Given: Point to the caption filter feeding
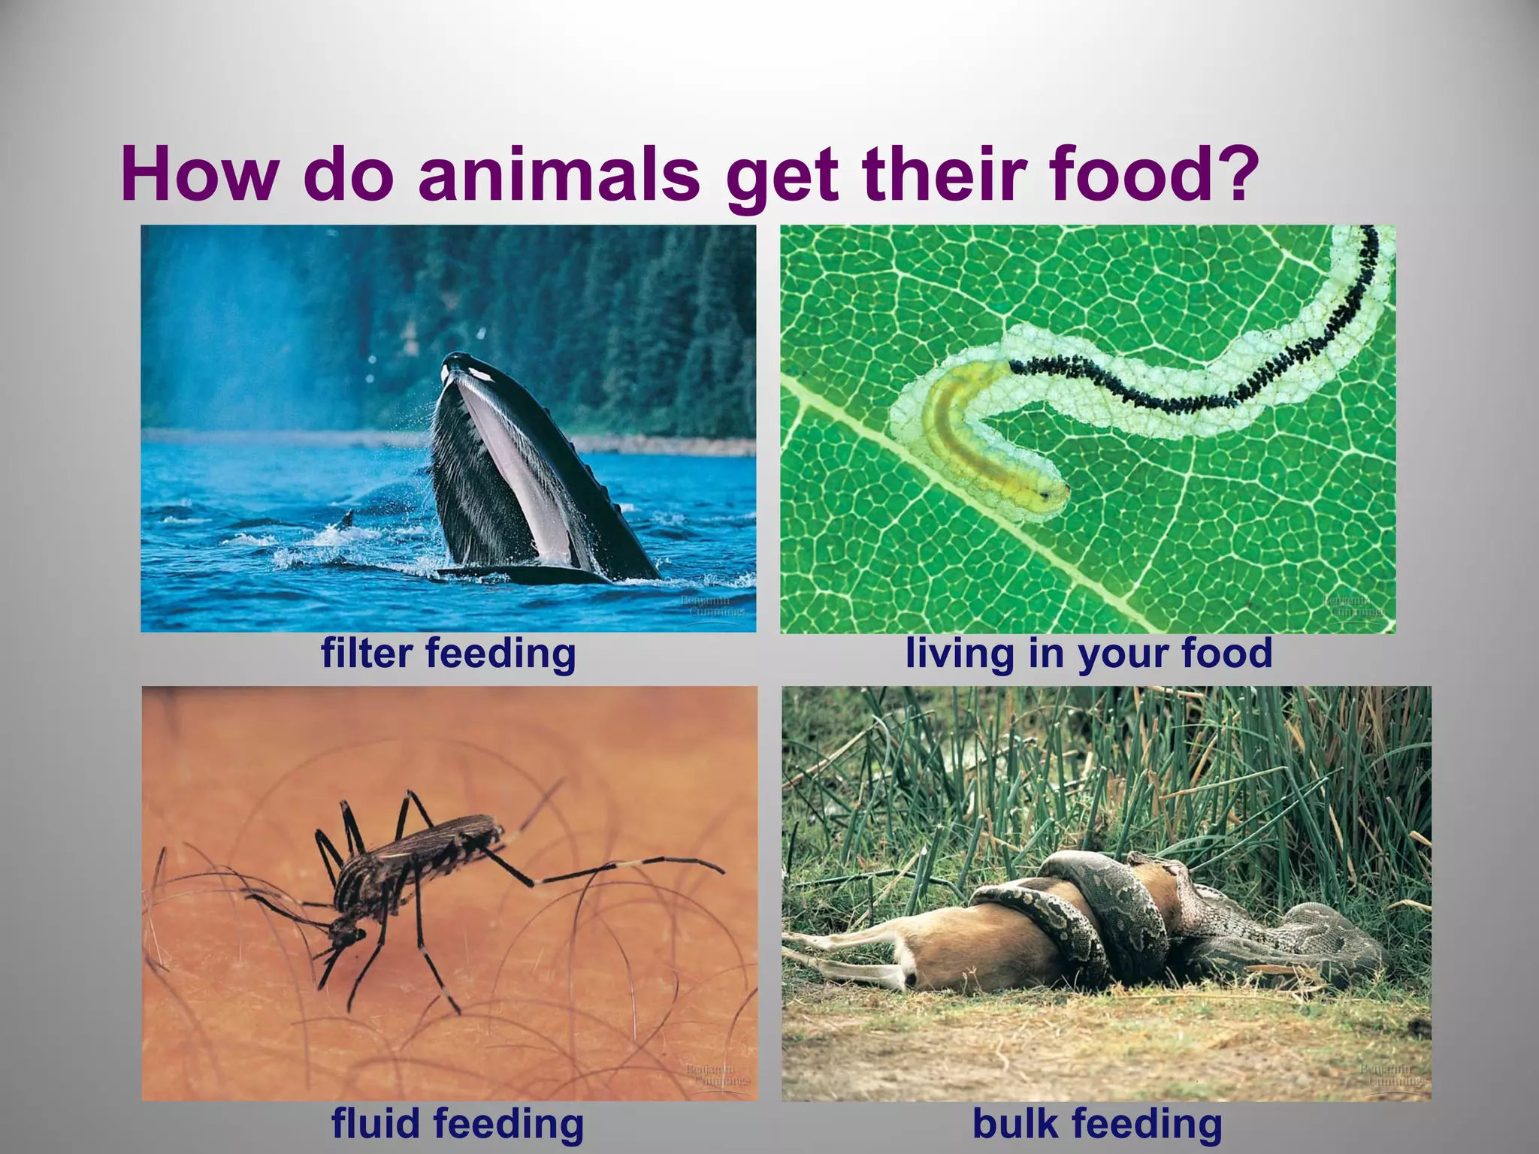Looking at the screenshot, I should (449, 652).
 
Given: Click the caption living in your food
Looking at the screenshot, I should (1089, 652).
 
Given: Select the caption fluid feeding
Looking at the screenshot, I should (458, 1124).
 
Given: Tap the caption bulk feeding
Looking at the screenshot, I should (1097, 1124).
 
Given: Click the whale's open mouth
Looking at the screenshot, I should (519, 466).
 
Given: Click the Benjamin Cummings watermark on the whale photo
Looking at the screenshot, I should (712, 606).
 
